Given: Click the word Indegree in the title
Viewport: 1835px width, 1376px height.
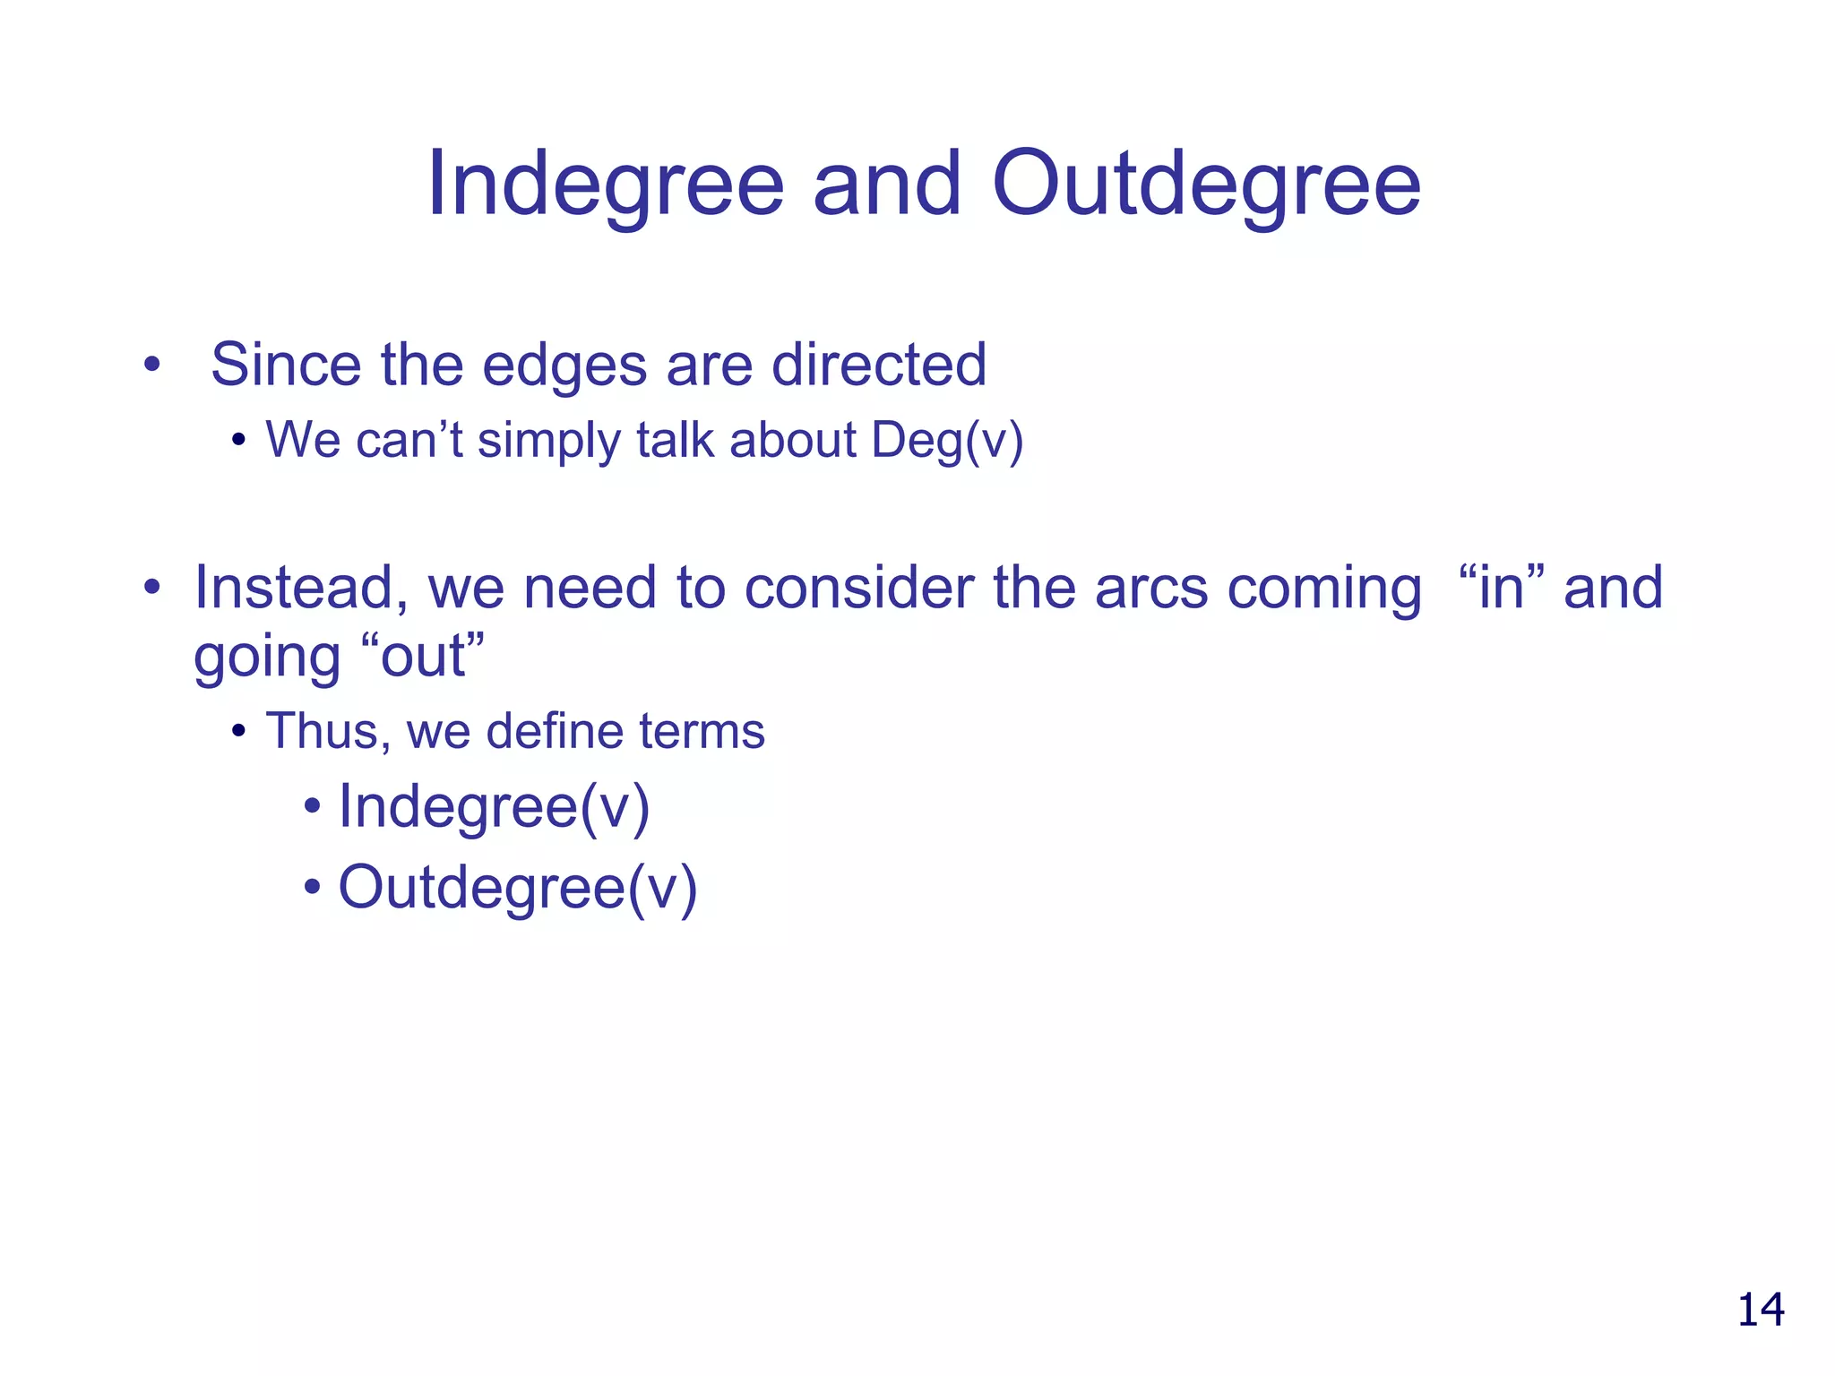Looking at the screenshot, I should (x=606, y=185).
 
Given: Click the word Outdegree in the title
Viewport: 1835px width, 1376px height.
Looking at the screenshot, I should (x=1206, y=185).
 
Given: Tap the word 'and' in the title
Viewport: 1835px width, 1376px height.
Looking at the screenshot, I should (x=886, y=184).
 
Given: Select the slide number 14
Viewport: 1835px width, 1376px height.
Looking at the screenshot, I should (x=1760, y=1310).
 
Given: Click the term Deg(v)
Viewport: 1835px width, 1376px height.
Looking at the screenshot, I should (x=947, y=441).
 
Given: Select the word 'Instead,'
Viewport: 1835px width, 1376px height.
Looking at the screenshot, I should (x=301, y=589).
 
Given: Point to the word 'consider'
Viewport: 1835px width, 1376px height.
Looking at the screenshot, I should (x=860, y=589).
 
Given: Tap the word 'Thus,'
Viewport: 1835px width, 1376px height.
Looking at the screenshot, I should (x=328, y=731).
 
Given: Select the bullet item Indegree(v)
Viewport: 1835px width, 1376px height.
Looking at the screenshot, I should (x=494, y=808).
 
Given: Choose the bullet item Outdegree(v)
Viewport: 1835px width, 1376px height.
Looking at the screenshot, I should (x=517, y=889).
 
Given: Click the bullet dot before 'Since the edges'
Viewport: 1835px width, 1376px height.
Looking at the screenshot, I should (x=151, y=365).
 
